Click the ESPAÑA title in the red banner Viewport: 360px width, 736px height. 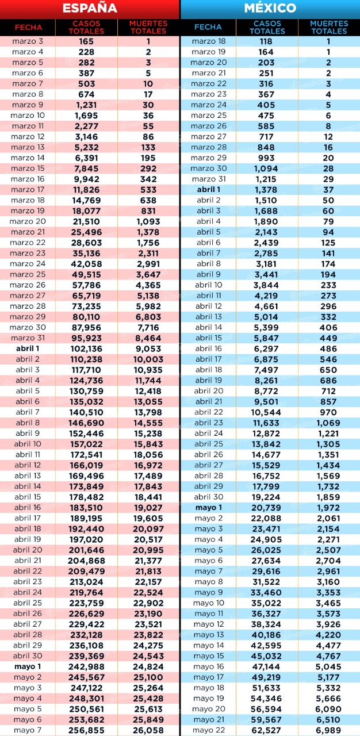point(90,8)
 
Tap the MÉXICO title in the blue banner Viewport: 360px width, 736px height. point(270,8)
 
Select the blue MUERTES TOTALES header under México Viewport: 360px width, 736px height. point(329,27)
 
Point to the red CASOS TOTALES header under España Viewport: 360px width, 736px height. point(86,27)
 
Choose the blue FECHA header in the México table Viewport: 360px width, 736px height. point(208,27)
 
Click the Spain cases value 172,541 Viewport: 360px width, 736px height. point(86,455)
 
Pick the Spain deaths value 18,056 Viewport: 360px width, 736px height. point(148,455)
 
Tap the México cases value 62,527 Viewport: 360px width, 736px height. point(266,730)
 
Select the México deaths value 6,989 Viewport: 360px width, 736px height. point(328,730)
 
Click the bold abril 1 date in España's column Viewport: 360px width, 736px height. point(28,348)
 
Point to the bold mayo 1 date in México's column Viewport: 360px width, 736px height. point(209,508)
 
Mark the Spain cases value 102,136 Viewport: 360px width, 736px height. point(86,349)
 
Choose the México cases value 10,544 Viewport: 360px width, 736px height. point(266,412)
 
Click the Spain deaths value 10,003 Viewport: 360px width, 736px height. point(148,359)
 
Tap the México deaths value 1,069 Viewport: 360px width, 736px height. point(328,423)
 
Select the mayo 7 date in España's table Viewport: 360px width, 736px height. point(28,730)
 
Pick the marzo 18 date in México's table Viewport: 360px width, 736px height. point(209,41)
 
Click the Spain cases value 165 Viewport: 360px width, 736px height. point(86,41)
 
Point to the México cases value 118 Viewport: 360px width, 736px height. point(266,41)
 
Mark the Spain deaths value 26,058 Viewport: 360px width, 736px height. point(148,730)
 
